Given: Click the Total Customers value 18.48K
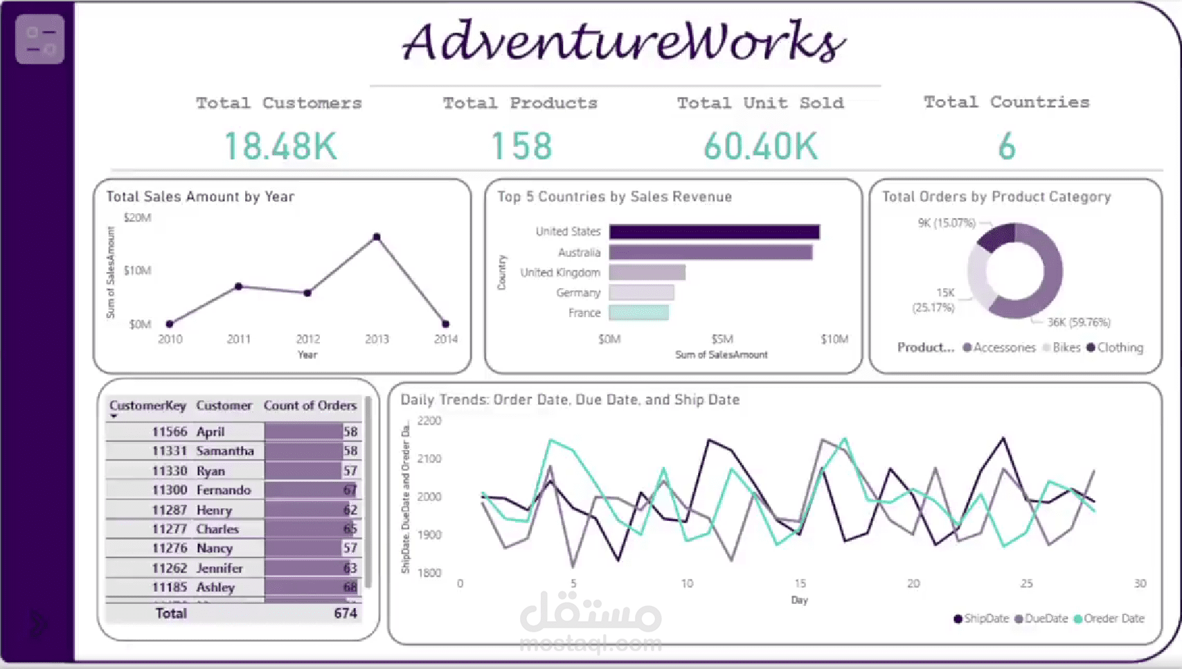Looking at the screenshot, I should [x=280, y=147].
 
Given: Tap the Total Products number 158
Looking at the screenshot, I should [x=521, y=147].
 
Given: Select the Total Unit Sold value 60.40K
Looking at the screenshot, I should [x=760, y=147].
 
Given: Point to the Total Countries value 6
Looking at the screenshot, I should [x=1006, y=147].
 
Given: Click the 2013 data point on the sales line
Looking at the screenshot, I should [x=377, y=237].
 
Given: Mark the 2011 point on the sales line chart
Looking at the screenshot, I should [x=239, y=286].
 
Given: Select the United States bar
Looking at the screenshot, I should [x=714, y=232].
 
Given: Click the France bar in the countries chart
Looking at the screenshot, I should [x=638, y=313].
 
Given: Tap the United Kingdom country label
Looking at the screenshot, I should [x=560, y=273].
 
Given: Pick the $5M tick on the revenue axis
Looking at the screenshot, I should [x=722, y=339].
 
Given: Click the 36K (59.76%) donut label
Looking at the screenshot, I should [x=1078, y=322].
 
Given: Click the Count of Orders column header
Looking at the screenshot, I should [x=310, y=406].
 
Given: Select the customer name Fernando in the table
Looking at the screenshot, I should [x=224, y=490].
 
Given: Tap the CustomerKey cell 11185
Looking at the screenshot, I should [x=170, y=587].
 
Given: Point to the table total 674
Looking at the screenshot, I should [x=345, y=613].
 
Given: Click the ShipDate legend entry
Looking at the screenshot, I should [x=981, y=618].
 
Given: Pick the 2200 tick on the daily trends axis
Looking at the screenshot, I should [x=429, y=421].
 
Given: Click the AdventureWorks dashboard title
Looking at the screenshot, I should [x=624, y=42].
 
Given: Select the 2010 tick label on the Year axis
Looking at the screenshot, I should [x=170, y=339].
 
